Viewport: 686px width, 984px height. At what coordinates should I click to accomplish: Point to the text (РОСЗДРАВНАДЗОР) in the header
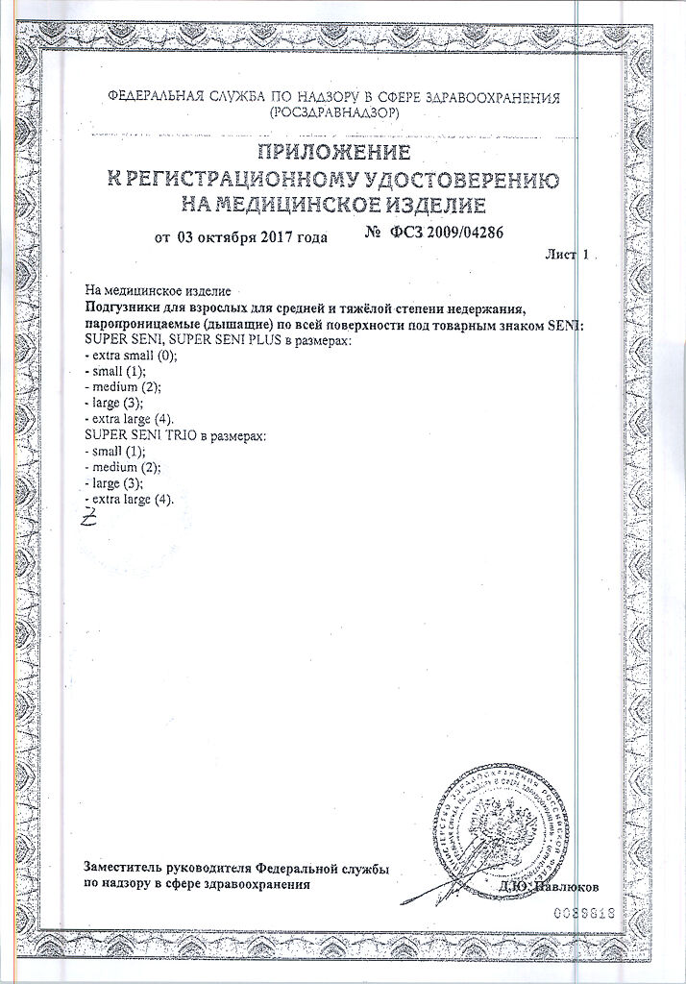332,112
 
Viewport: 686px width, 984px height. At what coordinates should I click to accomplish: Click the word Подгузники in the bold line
120,307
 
